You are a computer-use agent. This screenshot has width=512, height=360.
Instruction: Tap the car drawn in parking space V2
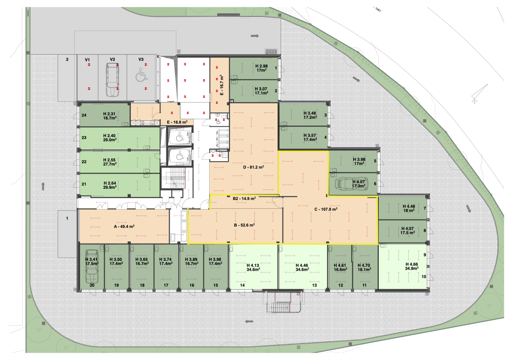click(x=112, y=80)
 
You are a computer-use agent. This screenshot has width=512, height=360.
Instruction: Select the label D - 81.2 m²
click(x=253, y=167)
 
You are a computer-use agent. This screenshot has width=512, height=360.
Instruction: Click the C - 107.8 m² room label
click(x=326, y=209)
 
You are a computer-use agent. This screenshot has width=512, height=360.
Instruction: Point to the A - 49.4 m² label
click(x=124, y=226)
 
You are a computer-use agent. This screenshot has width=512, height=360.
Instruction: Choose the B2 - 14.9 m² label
click(x=244, y=198)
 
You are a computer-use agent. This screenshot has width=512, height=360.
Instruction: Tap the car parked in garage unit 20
click(x=92, y=267)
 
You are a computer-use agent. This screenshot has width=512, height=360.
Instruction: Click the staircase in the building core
click(x=173, y=178)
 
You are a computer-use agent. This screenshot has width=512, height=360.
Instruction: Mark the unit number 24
click(x=84, y=115)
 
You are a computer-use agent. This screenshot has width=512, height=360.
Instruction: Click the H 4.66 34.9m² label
click(x=412, y=266)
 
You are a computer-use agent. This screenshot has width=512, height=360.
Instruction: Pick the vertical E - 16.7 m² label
click(x=222, y=85)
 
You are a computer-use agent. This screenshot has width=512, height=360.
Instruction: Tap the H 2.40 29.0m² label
click(x=110, y=138)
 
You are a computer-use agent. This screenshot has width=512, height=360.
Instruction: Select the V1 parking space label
click(x=87, y=60)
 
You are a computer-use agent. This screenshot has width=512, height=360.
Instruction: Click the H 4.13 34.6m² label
click(x=253, y=268)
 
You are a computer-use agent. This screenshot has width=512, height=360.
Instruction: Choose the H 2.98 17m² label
click(x=262, y=68)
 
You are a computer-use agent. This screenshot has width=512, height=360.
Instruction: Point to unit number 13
click(x=314, y=285)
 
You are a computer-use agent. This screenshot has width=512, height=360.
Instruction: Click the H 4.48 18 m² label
click(x=409, y=208)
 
